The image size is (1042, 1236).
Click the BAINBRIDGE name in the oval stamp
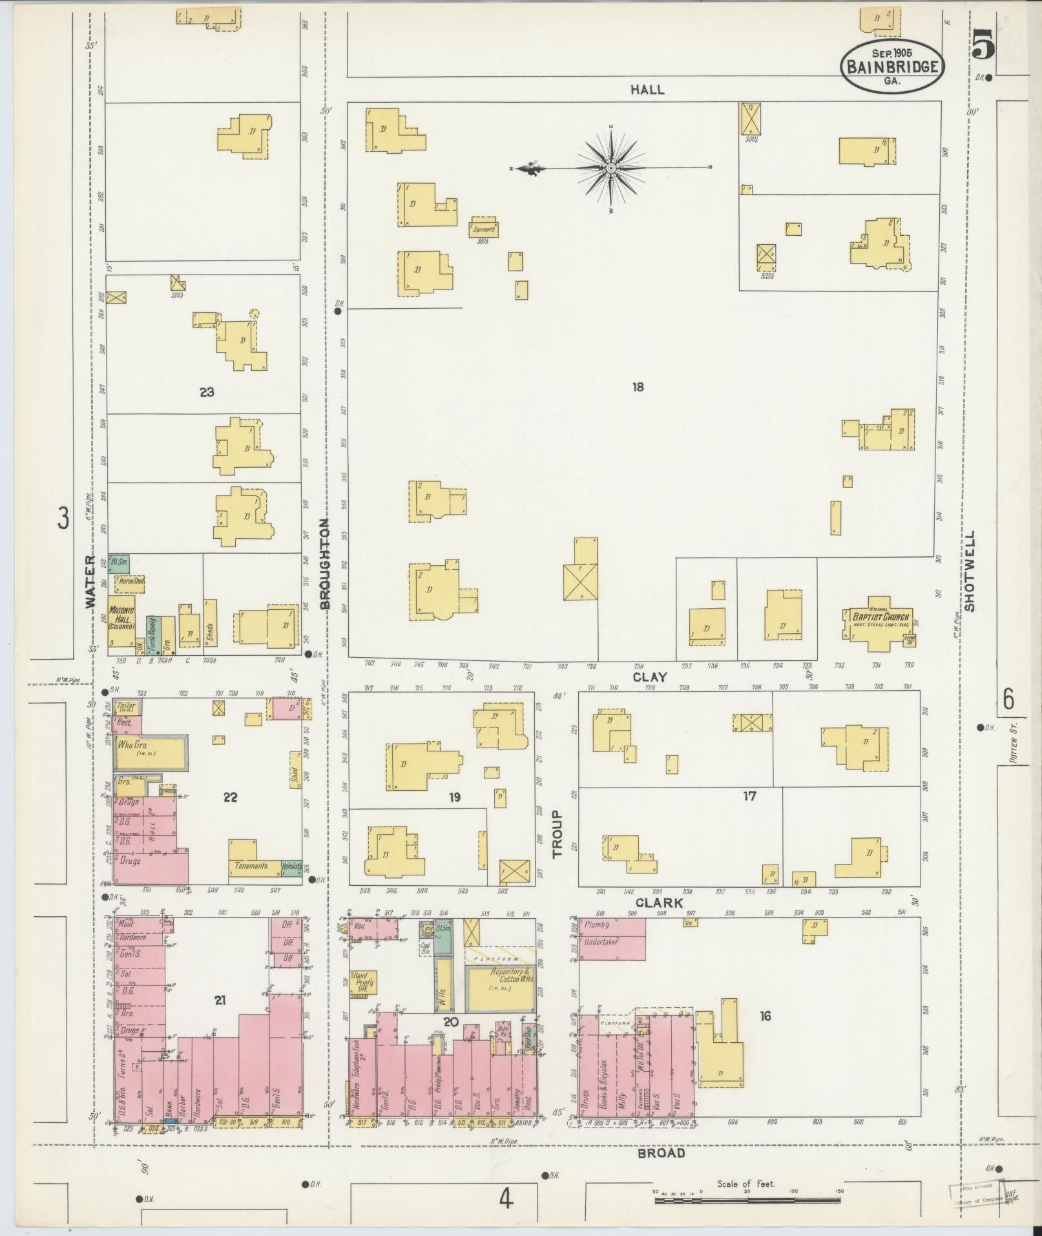[892, 67]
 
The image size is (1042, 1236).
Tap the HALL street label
[647, 90]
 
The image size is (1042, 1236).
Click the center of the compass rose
[610, 169]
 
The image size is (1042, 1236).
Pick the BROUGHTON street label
[325, 563]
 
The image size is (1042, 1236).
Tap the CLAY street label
[649, 677]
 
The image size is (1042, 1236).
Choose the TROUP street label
[558, 834]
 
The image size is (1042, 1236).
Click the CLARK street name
[659, 903]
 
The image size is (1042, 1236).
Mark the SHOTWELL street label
[970, 571]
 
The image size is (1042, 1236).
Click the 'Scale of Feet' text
[746, 1184]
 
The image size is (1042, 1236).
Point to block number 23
[207, 392]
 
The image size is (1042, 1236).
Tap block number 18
[638, 387]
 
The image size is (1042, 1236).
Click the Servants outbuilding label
[484, 229]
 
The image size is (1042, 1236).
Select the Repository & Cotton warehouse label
[500, 992]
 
